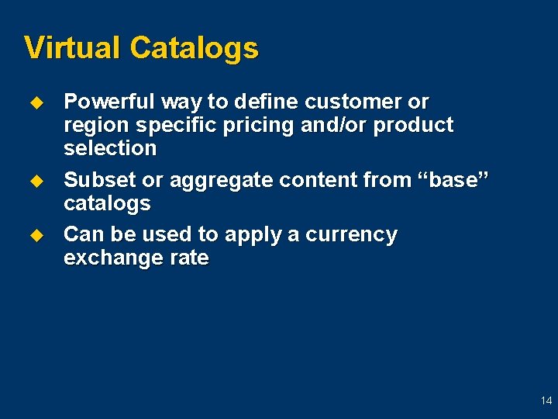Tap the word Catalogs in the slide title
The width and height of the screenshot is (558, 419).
(194, 48)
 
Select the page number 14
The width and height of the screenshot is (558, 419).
(546, 400)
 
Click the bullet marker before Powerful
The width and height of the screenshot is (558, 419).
(34, 102)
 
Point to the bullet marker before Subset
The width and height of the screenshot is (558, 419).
(34, 180)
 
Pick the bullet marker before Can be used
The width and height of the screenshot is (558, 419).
(34, 234)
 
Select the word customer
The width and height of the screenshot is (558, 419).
(355, 102)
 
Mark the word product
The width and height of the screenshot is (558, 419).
(413, 126)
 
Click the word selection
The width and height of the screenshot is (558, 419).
(110, 148)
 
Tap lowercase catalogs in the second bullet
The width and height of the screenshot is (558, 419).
(107, 203)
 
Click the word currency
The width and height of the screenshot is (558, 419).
(353, 234)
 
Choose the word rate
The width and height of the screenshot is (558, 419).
(191, 258)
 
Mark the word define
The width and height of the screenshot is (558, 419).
(268, 102)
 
